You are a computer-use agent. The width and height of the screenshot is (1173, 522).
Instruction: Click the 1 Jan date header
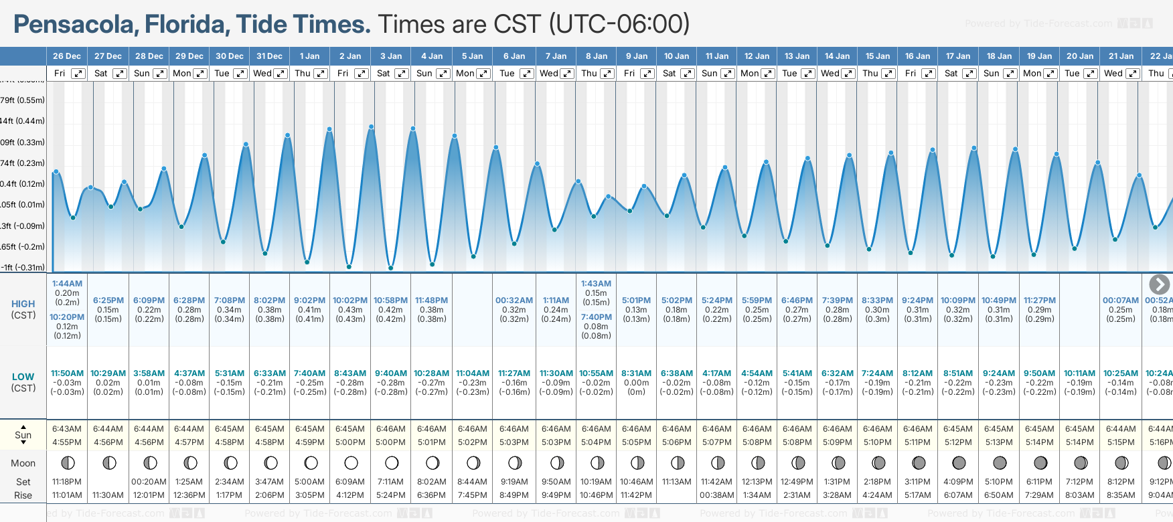click(309, 56)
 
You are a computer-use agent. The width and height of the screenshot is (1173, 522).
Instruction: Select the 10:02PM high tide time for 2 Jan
click(350, 300)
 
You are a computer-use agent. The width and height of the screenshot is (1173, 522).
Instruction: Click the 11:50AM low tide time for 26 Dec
click(68, 373)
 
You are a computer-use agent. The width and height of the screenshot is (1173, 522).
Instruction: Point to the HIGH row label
click(23, 304)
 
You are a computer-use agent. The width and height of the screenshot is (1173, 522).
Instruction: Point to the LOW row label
click(23, 377)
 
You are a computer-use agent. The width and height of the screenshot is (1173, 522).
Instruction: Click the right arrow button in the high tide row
click(1159, 284)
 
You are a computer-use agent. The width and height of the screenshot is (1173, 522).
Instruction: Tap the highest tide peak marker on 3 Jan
click(371, 126)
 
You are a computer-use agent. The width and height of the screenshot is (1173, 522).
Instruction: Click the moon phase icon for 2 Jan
click(351, 462)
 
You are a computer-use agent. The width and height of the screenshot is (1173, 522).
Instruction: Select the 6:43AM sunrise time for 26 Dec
click(67, 429)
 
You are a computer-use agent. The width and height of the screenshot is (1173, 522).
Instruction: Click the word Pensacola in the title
click(74, 25)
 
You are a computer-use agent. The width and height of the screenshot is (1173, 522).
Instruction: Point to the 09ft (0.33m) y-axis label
click(23, 143)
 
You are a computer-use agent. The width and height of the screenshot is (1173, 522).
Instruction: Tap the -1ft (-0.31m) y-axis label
click(23, 268)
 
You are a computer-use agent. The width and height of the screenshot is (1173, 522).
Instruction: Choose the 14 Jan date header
click(837, 56)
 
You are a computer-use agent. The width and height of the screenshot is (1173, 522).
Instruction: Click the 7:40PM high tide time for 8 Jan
click(597, 317)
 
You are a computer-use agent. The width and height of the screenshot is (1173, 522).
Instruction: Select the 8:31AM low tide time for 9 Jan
click(636, 373)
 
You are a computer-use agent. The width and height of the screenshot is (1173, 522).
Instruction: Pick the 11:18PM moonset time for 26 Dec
click(67, 482)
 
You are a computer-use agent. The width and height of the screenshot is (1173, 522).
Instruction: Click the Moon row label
click(23, 463)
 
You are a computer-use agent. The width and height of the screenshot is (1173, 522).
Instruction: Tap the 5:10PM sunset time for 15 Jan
click(877, 442)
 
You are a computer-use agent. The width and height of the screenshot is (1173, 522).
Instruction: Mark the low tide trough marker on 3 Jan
click(391, 268)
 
